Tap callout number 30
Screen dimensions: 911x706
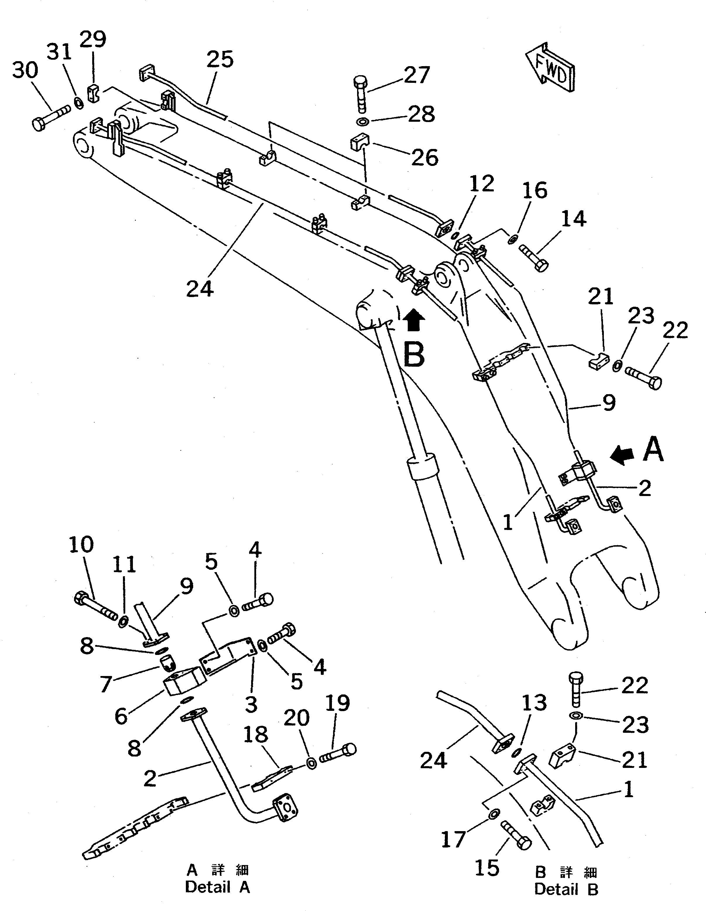click(x=25, y=70)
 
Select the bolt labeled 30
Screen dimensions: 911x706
click(x=50, y=118)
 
